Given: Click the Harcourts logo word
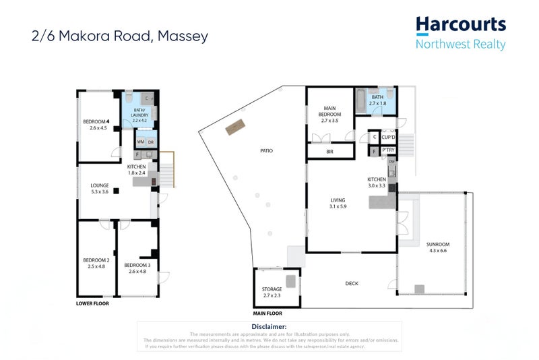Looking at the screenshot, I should (x=461, y=25).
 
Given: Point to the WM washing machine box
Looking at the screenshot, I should (x=141, y=142).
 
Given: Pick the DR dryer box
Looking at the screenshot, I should (x=152, y=142).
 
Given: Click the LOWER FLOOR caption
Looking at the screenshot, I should (x=92, y=304).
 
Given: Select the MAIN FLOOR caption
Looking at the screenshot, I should (x=267, y=313).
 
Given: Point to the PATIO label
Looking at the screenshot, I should (x=267, y=150).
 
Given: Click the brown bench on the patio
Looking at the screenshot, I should (x=235, y=127).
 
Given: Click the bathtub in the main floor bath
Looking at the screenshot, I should (x=362, y=102).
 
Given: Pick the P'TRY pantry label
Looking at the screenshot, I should (x=387, y=151).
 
